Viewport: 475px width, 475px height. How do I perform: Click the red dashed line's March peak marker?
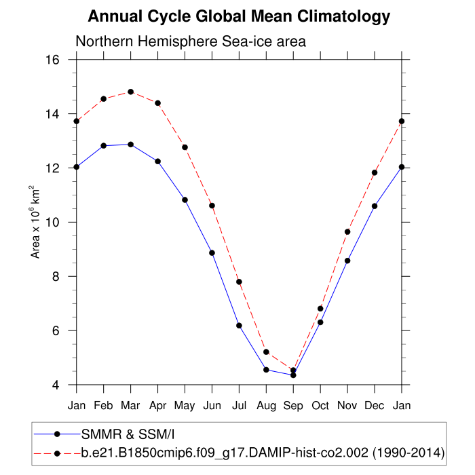pyautogui.click(x=130, y=92)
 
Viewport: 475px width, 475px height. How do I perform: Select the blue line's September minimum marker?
pyautogui.click(x=293, y=375)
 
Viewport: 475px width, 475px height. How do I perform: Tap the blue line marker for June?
pyautogui.click(x=212, y=252)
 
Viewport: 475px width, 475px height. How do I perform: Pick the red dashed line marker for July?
pyautogui.click(x=239, y=282)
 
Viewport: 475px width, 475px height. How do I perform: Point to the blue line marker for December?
pyautogui.click(x=375, y=206)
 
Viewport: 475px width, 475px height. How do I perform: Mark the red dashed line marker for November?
pyautogui.click(x=347, y=231)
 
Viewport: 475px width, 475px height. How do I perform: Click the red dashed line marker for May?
pyautogui.click(x=185, y=147)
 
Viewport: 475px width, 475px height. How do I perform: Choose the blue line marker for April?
pyautogui.click(x=157, y=161)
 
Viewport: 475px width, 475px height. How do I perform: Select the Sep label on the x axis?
pyautogui.click(x=293, y=406)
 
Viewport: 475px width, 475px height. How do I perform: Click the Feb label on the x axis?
pyautogui.click(x=103, y=406)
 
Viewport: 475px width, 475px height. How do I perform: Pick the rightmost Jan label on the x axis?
pyautogui.click(x=402, y=406)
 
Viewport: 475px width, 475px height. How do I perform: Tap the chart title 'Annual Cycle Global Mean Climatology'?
pyautogui.click(x=239, y=16)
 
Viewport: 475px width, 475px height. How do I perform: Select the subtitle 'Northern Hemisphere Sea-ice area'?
pyautogui.click(x=191, y=41)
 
